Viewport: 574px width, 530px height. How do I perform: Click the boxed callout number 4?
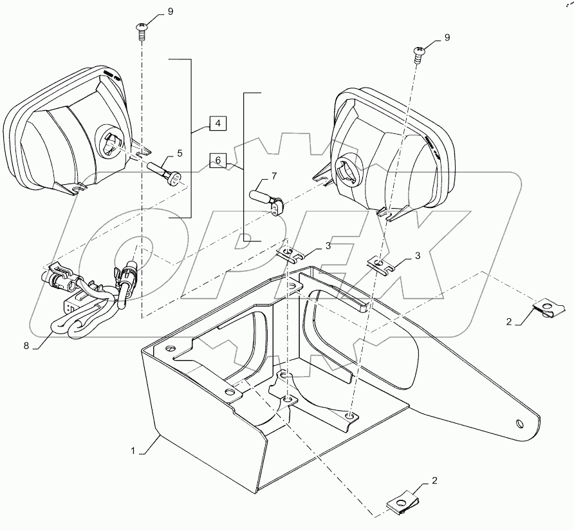[x=217, y=123]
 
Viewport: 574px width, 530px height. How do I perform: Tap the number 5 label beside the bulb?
[x=180, y=153]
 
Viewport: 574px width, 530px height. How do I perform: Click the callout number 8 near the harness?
[x=26, y=346]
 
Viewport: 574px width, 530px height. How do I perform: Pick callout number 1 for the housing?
[x=134, y=452]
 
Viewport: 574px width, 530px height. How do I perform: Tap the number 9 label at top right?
[x=447, y=37]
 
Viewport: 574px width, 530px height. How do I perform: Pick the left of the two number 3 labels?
[x=328, y=247]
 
